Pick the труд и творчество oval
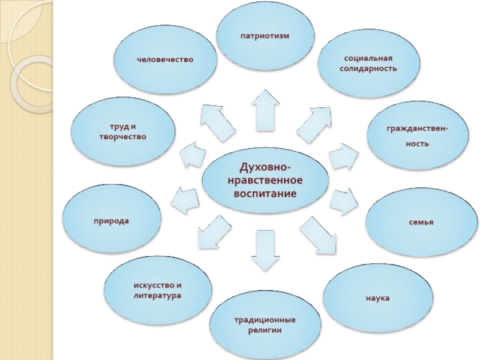coord(123,131)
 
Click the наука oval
coord(378,298)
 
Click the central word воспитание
coord(265,196)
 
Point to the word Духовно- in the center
coord(265,165)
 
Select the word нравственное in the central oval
coord(265,180)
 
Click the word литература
coord(157,296)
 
